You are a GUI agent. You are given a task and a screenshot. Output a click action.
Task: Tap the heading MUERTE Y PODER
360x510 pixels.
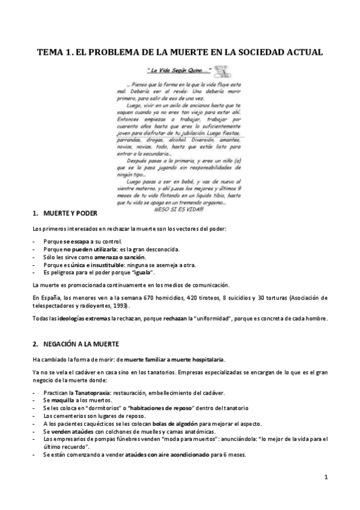coord(66,214)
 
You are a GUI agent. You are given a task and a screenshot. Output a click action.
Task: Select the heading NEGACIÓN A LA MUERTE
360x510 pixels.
coord(79,343)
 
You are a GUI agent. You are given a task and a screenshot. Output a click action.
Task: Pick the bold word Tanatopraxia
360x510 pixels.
coord(84,393)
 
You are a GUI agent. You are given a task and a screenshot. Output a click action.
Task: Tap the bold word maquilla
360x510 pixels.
coord(63,401)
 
